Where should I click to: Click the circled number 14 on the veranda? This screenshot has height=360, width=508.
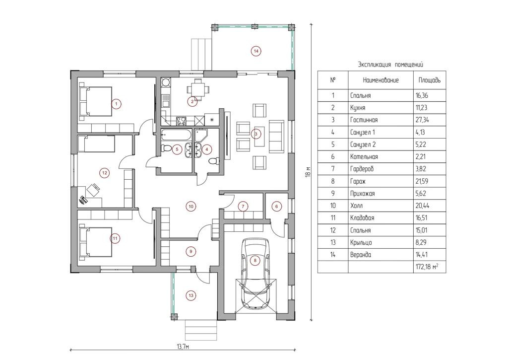pyautogui.click(x=256, y=51)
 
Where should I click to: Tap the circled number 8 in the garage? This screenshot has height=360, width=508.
pyautogui.click(x=255, y=260)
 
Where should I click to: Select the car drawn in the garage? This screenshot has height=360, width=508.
pyautogui.click(x=255, y=274)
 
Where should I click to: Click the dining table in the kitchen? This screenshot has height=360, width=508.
pyautogui.click(x=197, y=88)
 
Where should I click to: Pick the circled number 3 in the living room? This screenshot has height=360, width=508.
pyautogui.click(x=256, y=134)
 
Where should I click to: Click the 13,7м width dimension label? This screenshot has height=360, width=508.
pyautogui.click(x=183, y=347)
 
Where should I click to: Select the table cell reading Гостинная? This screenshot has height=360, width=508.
pyautogui.click(x=364, y=120)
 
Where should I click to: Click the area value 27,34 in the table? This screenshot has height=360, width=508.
pyautogui.click(x=422, y=120)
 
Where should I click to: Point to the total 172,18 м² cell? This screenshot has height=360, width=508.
pyautogui.click(x=427, y=267)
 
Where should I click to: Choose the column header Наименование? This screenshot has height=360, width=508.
pyautogui.click(x=381, y=80)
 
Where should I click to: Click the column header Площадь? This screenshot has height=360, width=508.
pyautogui.click(x=429, y=80)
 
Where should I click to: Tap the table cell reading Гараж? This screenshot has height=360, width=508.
pyautogui.click(x=358, y=181)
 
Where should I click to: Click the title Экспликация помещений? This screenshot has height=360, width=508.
pyautogui.click(x=390, y=65)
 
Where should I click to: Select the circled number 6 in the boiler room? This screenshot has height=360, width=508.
pyautogui.click(x=276, y=207)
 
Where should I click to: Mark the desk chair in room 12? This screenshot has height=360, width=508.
pyautogui.click(x=93, y=190)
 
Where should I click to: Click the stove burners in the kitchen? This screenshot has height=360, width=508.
pyautogui.click(x=181, y=121)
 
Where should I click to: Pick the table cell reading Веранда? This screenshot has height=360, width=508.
pyautogui.click(x=361, y=255)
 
